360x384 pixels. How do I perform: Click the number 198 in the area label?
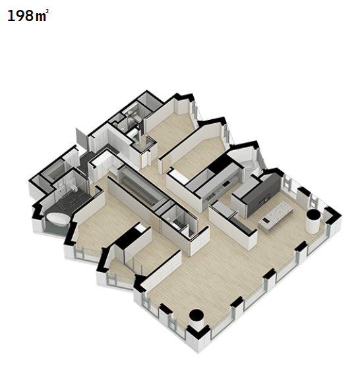20,16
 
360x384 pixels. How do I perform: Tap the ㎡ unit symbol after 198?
42,15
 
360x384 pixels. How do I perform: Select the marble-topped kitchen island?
276,216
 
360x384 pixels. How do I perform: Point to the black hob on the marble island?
264,221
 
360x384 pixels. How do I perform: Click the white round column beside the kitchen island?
313,221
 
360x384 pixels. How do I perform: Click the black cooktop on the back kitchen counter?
226,182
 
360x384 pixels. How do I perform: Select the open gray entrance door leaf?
82,139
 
